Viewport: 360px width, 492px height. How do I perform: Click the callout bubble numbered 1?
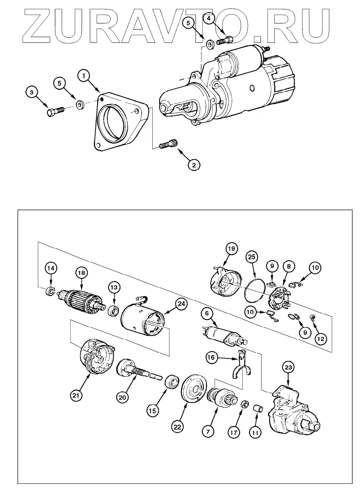84,76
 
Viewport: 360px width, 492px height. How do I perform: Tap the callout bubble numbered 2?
193,165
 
